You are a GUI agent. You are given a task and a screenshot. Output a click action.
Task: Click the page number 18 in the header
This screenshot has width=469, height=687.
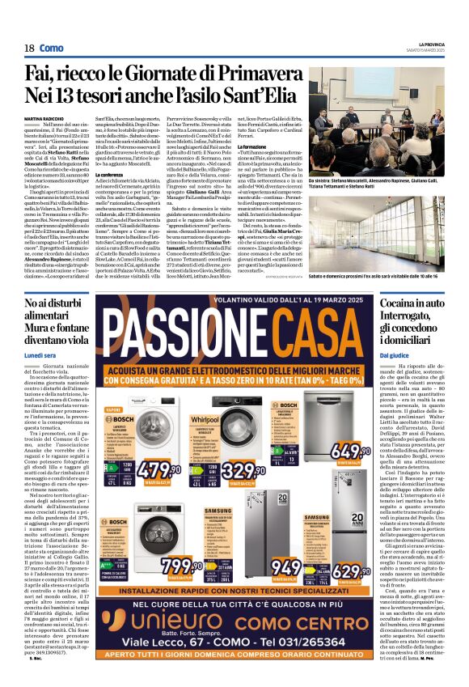(27, 49)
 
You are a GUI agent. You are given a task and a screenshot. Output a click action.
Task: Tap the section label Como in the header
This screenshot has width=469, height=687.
(52, 49)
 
